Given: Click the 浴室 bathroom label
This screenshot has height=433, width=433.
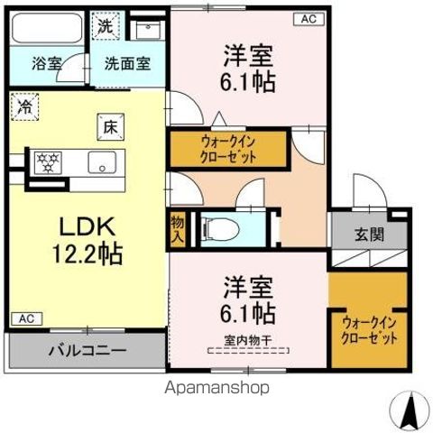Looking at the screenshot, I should [47, 64].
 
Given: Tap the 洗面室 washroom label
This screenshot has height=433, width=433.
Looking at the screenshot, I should [125, 64].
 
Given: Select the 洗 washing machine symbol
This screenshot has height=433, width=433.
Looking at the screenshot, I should [106, 27].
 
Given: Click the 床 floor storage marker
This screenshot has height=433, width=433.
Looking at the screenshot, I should [109, 127].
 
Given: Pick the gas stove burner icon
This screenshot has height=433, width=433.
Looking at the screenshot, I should [47, 163].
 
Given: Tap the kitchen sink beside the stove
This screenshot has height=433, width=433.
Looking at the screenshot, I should [99, 163].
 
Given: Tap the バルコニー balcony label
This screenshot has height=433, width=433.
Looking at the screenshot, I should [88, 350].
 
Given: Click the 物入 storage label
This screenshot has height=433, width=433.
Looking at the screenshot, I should [177, 227].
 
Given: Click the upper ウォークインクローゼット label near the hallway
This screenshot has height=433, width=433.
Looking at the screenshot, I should [227, 148].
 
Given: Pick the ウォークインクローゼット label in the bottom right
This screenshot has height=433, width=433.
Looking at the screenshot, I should [369, 330].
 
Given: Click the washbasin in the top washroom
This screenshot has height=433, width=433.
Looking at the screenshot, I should [145, 29].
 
